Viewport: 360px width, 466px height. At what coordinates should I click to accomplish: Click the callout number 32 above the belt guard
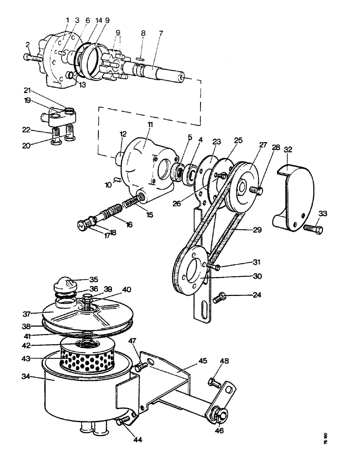(x=288, y=150)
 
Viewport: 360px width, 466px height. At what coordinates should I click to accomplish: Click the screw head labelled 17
(x=83, y=225)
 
